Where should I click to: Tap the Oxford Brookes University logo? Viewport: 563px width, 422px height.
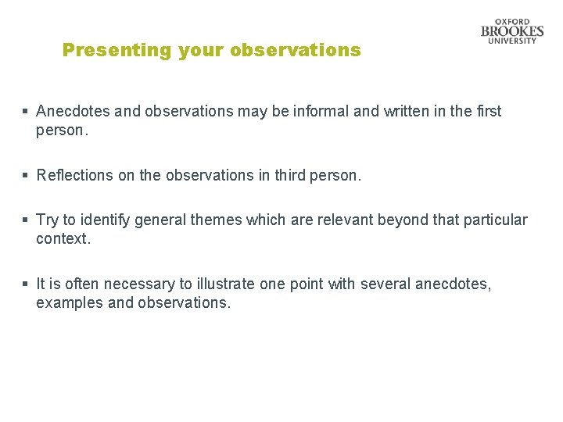[512, 31]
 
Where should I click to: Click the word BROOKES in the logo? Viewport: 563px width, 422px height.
[512, 31]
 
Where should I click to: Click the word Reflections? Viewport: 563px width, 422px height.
[74, 175]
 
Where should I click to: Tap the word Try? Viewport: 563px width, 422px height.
[48, 220]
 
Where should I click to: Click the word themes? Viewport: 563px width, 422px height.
[216, 220]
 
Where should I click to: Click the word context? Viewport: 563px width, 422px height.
[63, 239]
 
